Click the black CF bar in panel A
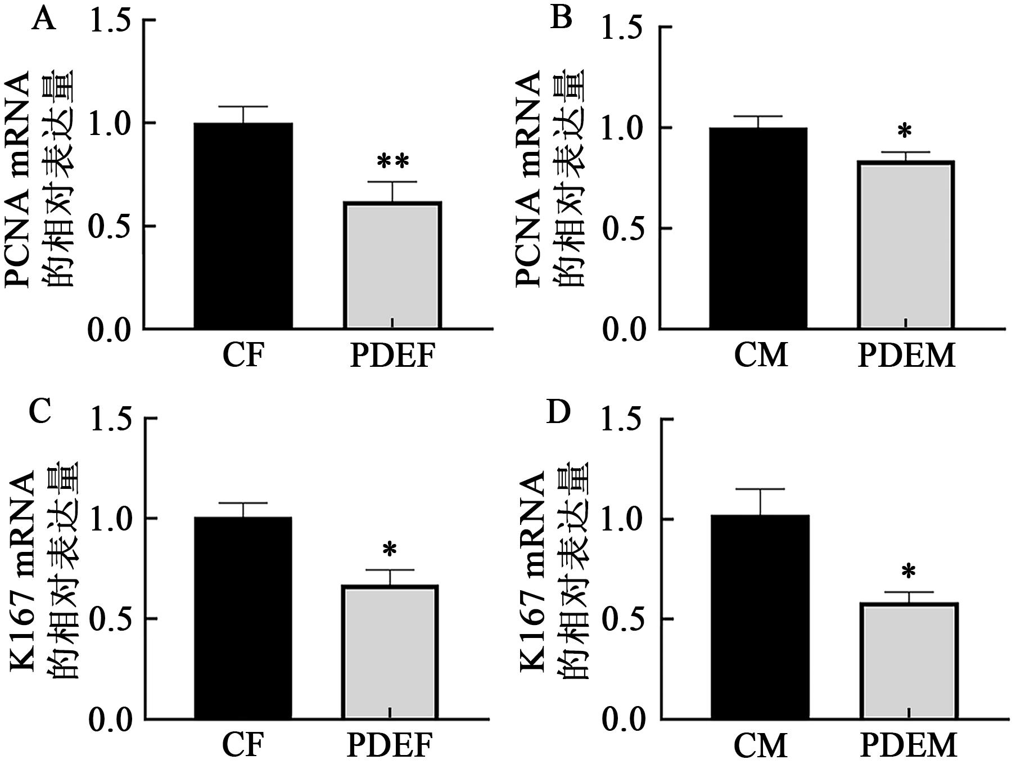click(x=243, y=225)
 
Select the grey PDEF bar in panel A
click(x=392, y=264)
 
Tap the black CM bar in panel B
click(x=758, y=228)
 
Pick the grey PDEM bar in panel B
click(x=906, y=244)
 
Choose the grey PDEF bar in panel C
click(x=390, y=652)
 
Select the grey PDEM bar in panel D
click(x=909, y=660)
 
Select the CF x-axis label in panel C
click(x=243, y=747)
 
